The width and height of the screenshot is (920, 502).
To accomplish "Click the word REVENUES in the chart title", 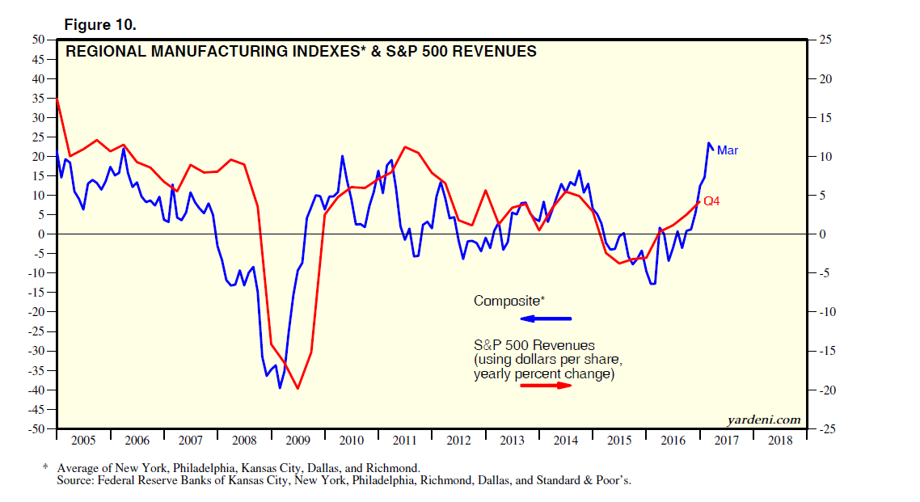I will point(494,52).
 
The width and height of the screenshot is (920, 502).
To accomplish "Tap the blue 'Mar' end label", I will point(728,150).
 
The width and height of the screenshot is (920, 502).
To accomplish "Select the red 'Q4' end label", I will point(711,201).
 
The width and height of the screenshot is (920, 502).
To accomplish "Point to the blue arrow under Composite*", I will point(546,318).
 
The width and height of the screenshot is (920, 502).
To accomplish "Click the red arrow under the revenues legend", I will point(546,386).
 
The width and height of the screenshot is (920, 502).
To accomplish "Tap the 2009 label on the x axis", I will point(298,441).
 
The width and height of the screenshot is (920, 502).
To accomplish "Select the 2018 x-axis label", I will point(780,441).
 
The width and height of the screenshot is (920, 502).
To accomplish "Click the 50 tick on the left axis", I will point(38,40).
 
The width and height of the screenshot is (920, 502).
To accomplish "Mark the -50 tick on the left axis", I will point(36,428).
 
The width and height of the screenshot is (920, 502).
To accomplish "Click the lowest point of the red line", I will point(298,389).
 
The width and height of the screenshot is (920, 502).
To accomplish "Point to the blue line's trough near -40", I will point(280,388).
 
